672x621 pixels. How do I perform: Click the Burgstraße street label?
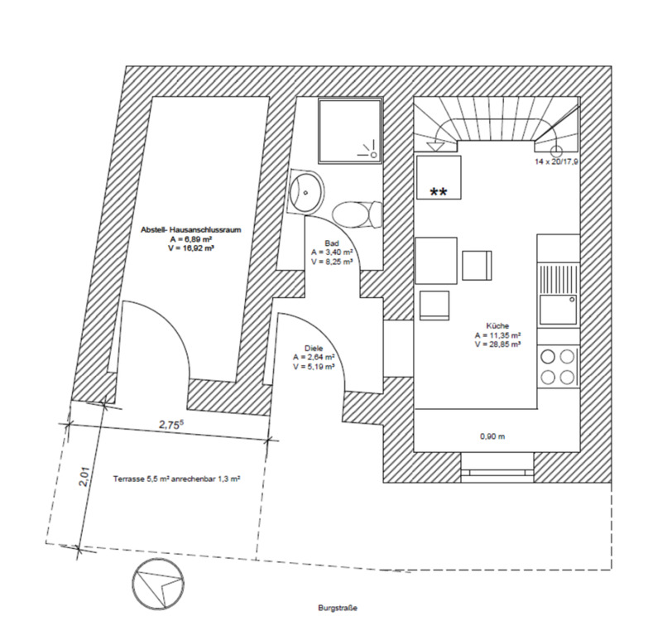tap(338, 609)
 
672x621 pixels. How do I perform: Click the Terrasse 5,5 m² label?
tap(175, 479)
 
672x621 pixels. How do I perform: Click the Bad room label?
tap(332, 244)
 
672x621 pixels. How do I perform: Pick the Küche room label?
tap(497, 326)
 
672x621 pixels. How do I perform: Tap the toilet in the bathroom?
tap(356, 214)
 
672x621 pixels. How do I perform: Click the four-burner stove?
tap(557, 367)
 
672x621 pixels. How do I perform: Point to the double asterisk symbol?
tap(439, 193)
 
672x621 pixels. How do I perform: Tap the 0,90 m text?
tap(492, 436)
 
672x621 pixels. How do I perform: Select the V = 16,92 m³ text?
tap(179, 247)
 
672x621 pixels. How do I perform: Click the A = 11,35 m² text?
tap(497, 335)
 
